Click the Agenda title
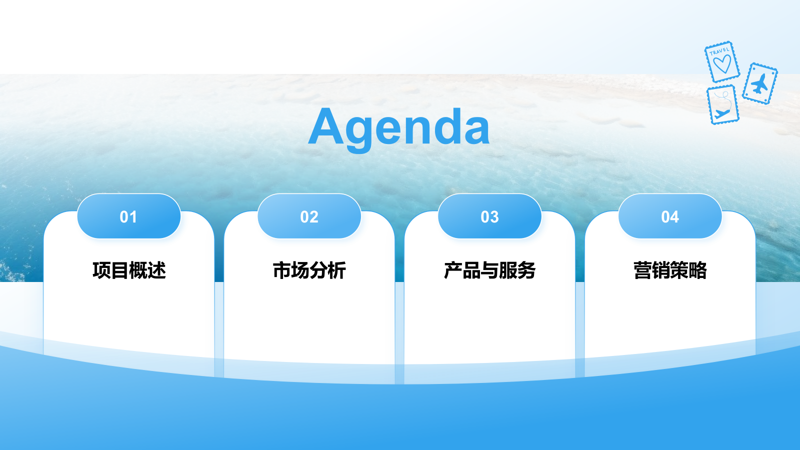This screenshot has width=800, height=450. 399,127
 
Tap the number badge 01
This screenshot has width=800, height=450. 128,216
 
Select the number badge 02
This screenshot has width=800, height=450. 309,216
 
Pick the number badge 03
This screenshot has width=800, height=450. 489,216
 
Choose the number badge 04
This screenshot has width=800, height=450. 670,216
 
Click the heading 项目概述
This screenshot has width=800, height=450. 129,270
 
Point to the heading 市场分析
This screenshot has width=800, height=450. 309,270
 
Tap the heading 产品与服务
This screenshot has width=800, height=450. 489,270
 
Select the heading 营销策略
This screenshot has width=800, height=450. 670,270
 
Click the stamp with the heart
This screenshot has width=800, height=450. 722,62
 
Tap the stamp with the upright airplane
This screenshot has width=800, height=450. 760,83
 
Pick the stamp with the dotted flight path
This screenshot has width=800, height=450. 723,104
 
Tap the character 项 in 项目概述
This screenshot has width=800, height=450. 101,270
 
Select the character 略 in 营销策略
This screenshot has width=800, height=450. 697,270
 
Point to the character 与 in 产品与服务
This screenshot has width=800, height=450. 489,270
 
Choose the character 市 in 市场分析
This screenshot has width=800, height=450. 282,270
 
